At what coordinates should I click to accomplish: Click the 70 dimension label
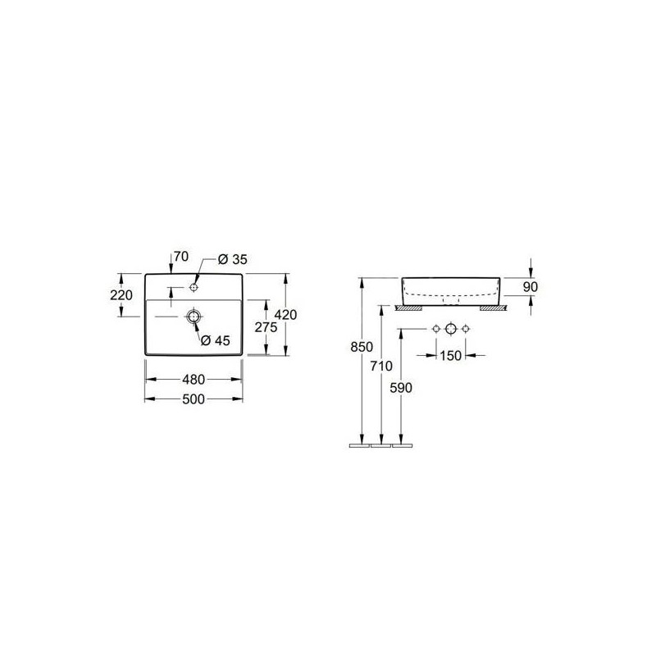tap(181, 256)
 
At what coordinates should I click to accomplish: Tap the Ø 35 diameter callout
tap(233, 259)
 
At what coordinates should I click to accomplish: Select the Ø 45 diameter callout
tap(216, 340)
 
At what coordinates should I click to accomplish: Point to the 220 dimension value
tap(121, 295)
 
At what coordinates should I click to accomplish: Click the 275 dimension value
tap(266, 327)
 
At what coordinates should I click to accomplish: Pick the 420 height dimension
tap(285, 314)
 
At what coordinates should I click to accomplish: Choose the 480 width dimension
tap(194, 380)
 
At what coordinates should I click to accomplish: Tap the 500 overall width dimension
tap(194, 399)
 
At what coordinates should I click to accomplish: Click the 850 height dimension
tap(362, 347)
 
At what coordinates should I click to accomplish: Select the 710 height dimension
tap(381, 366)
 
